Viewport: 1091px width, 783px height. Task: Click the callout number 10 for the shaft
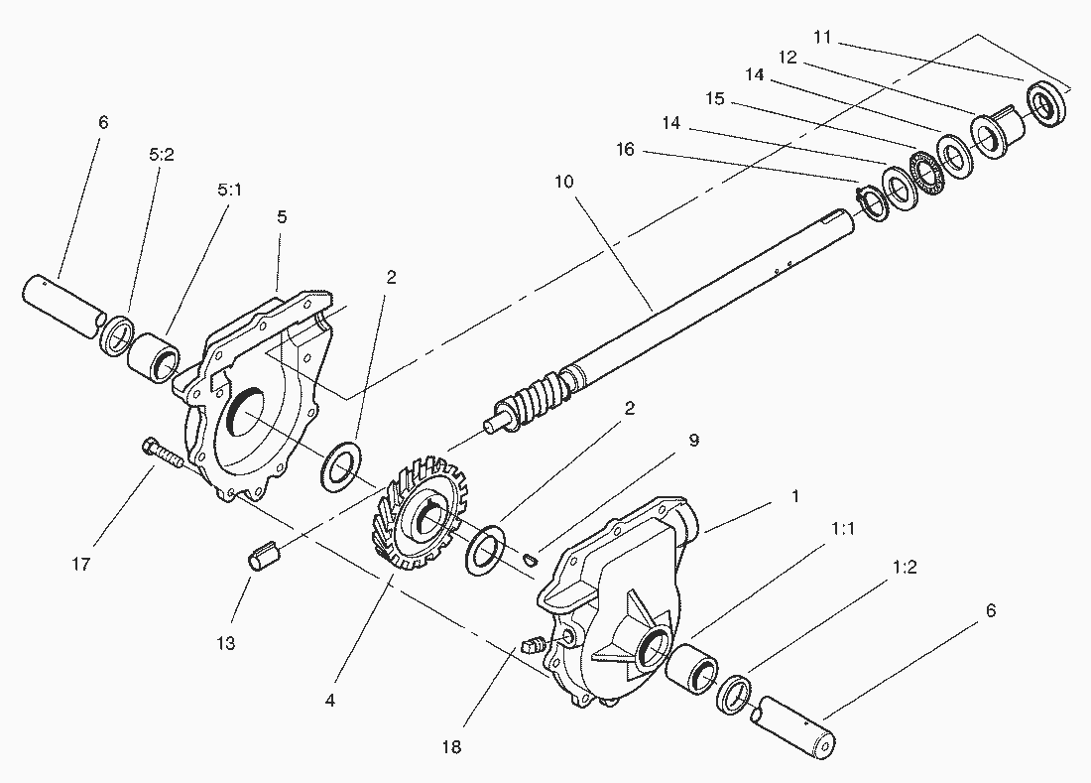pos(564,182)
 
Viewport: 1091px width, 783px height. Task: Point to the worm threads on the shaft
pos(536,396)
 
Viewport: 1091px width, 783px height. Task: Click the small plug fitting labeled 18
pos(531,646)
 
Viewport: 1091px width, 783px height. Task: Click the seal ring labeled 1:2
pos(734,693)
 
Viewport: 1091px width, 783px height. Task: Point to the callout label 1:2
pos(905,568)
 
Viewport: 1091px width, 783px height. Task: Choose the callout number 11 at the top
pos(821,37)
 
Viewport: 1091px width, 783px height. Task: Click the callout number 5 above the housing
pos(283,217)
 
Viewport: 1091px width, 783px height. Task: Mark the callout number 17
pos(81,564)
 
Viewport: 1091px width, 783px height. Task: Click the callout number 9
pos(694,440)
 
